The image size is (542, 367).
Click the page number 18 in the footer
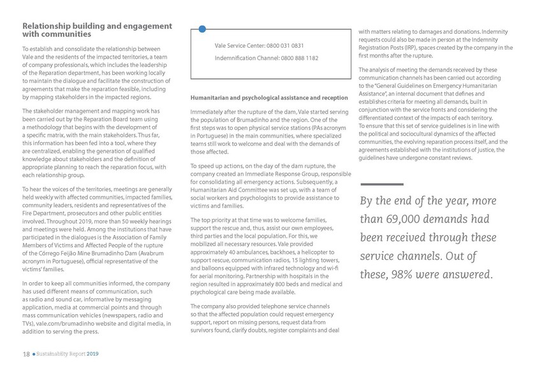click(x=26, y=354)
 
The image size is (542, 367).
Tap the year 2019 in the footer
click(x=92, y=354)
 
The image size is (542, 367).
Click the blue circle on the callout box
click(x=201, y=29)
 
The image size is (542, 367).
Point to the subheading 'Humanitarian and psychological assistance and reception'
click(x=268, y=97)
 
